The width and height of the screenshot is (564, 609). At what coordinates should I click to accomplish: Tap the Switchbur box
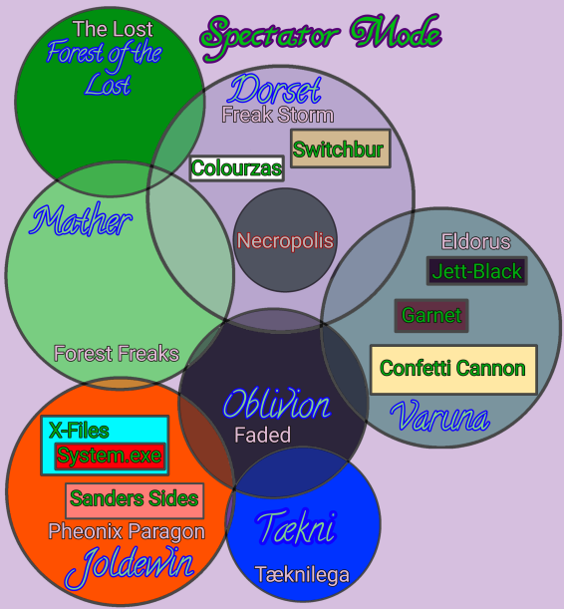[x=339, y=150]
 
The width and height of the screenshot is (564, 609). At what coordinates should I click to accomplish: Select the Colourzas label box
[x=236, y=167]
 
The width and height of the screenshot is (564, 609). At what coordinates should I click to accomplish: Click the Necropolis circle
[x=285, y=240]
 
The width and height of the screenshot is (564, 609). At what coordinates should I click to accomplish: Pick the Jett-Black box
[x=476, y=270]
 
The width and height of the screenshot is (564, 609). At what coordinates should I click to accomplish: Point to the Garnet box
[x=431, y=316]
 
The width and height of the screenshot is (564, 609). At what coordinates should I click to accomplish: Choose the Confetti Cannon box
[x=453, y=369]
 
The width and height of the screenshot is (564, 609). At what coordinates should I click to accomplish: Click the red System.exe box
[x=110, y=457]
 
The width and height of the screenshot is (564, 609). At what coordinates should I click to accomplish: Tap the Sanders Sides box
[x=135, y=498]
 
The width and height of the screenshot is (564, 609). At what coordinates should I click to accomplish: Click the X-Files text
[x=79, y=431]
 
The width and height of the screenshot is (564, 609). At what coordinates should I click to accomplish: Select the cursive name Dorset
[x=274, y=90]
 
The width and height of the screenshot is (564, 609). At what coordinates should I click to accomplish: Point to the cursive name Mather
[x=82, y=220]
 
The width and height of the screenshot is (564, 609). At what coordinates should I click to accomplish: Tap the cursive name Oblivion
[x=276, y=405]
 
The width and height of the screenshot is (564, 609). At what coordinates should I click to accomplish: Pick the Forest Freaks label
[x=117, y=353]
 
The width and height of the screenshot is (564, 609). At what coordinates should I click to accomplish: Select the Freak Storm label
[x=277, y=115]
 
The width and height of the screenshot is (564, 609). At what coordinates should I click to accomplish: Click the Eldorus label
[x=475, y=241]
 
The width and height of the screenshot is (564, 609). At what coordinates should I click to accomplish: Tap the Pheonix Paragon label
[x=127, y=531]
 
